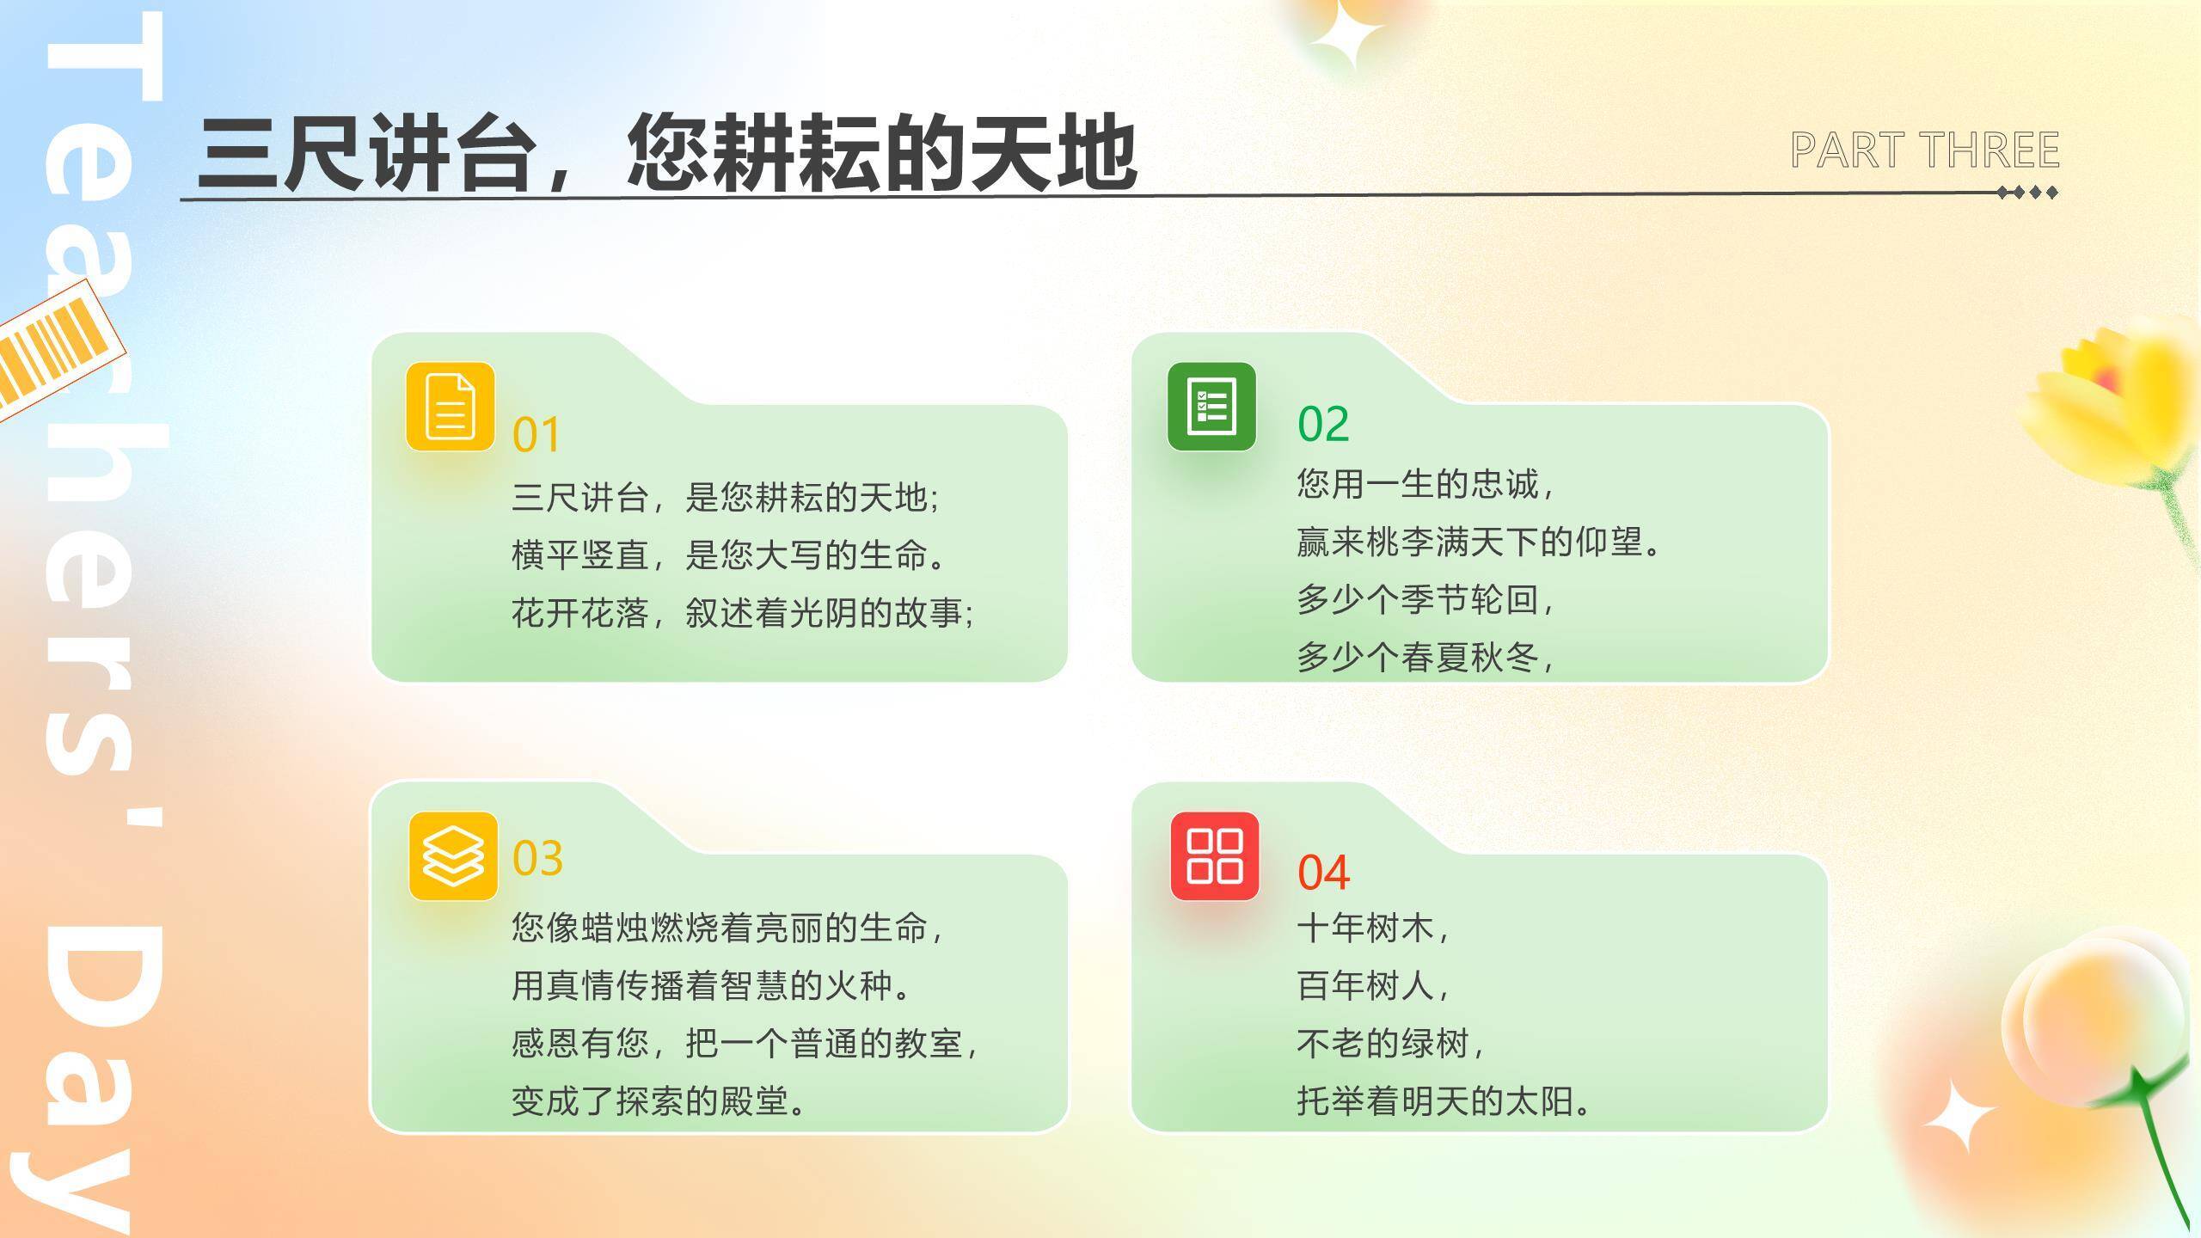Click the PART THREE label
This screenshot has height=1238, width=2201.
1924,150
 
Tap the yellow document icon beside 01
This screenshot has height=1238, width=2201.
451,407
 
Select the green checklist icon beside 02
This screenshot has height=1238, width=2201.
1211,407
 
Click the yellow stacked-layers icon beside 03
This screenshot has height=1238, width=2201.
453,856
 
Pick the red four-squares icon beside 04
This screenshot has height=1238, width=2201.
1214,856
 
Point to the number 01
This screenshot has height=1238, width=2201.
536,435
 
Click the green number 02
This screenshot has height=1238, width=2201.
1323,424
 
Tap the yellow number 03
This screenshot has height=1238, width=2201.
537,858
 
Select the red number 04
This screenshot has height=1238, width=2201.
1323,873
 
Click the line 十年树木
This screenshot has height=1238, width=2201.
1372,929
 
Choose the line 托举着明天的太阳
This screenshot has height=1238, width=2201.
1444,1101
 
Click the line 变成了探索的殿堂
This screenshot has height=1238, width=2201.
659,1101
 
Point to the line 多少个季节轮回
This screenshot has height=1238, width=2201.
1425,599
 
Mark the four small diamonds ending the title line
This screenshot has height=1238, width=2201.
2027,193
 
